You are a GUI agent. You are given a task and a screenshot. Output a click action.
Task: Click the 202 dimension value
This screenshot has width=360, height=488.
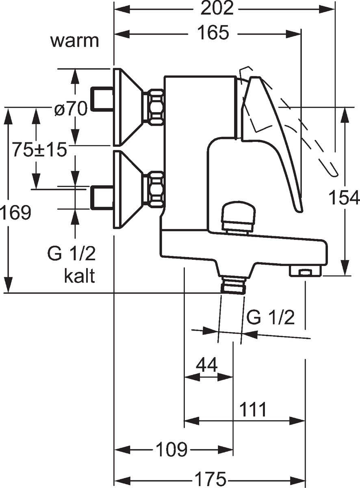[x=218, y=9]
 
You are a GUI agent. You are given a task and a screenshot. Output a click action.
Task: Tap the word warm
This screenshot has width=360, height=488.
[x=75, y=41]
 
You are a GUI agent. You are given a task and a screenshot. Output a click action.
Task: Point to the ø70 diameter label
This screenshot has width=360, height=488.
[x=71, y=109]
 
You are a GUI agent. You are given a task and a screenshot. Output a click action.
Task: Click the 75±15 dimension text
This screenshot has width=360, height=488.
[x=39, y=150]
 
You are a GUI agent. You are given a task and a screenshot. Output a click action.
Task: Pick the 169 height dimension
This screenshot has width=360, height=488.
[x=15, y=213]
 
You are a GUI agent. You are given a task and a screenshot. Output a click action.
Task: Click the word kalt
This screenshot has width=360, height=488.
[x=79, y=277]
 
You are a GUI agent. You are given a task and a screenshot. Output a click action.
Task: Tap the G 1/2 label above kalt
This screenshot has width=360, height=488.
[x=71, y=255]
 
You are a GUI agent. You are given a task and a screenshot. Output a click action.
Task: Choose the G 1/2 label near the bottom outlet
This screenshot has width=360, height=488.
[x=270, y=318]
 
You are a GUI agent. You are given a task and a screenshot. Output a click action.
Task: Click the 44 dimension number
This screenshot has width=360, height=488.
[x=206, y=365]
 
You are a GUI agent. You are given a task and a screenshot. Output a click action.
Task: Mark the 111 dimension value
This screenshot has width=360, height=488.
[x=252, y=410]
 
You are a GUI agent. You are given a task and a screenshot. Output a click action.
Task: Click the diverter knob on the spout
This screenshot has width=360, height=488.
[x=238, y=216]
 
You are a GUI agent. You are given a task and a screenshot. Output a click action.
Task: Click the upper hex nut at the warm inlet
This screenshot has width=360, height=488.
[x=155, y=107]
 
